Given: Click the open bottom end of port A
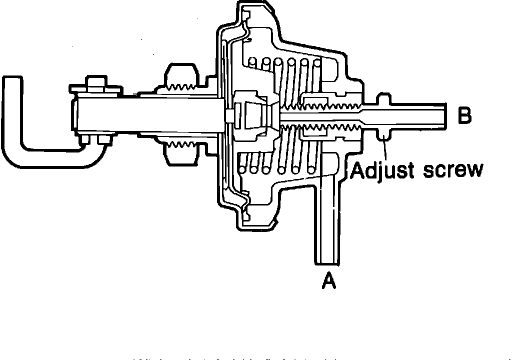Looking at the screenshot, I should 327,261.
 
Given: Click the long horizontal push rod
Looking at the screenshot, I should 150,114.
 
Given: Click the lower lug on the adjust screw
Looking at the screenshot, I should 383,134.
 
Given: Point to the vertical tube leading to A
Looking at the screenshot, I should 327,220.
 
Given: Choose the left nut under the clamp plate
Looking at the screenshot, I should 84,140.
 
